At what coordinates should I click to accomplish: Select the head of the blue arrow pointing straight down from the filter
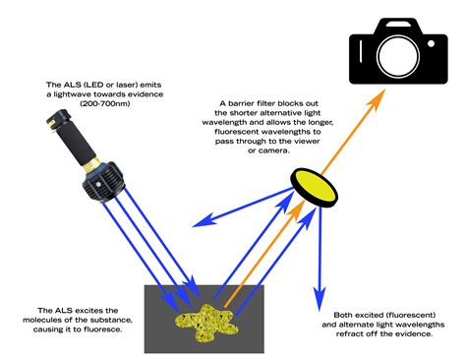[x=318, y=292]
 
